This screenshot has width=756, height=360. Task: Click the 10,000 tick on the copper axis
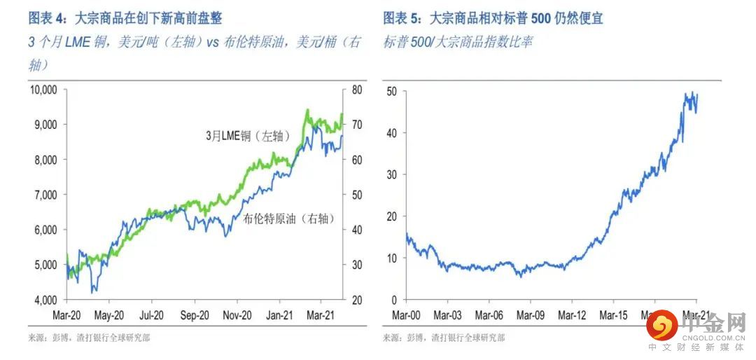(43, 90)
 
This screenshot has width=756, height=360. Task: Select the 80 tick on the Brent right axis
(356, 90)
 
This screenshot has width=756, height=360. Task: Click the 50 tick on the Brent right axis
(356, 195)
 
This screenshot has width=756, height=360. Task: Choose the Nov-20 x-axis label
(238, 316)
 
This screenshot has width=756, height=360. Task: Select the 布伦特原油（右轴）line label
(288, 219)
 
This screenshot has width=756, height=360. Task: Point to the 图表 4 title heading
(125, 18)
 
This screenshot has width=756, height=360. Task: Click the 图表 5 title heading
(493, 18)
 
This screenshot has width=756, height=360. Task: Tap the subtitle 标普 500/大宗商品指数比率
(458, 42)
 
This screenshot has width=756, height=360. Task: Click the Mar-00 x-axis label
(407, 316)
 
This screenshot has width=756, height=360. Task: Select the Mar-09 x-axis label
(530, 316)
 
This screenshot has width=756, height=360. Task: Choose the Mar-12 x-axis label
(570, 316)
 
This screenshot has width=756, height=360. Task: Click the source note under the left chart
(89, 338)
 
